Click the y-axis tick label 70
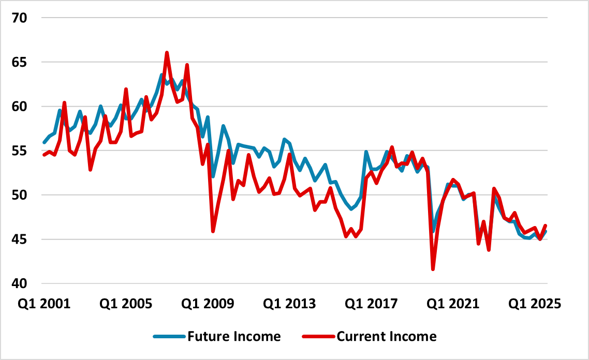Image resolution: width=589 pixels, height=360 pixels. point(19,18)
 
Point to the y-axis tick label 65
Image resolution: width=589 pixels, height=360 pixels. point(19,62)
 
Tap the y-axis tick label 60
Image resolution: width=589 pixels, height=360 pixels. point(19,107)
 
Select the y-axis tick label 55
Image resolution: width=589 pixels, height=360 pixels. point(19,151)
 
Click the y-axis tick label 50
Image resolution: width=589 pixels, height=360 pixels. point(19,196)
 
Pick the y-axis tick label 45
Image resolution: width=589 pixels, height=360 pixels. point(19,239)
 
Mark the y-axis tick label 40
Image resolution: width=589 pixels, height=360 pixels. point(19,284)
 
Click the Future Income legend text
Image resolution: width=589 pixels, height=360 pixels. point(233,337)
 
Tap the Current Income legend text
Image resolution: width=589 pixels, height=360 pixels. point(387,337)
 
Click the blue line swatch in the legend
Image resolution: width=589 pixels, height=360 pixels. point(169,337)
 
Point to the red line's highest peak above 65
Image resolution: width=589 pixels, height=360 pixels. point(167,53)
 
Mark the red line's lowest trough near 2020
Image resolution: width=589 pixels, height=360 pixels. point(433,269)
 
